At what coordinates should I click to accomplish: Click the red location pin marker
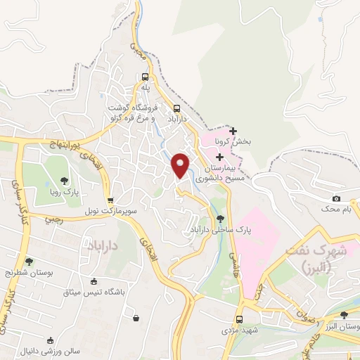pyautogui.click(x=181, y=165)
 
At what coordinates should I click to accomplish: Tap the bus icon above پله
pyautogui.click(x=145, y=77)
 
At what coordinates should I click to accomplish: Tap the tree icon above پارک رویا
pyautogui.click(x=65, y=181)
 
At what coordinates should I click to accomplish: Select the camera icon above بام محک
pyautogui.click(x=336, y=199)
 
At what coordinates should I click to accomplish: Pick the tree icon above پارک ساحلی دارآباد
pyautogui.click(x=221, y=219)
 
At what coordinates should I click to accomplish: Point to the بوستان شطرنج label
pyautogui.click(x=29, y=271)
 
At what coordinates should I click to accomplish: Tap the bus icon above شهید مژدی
pyautogui.click(x=239, y=319)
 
